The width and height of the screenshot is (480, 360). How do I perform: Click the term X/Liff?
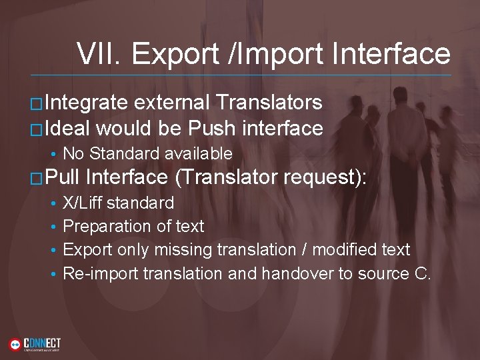point(82,203)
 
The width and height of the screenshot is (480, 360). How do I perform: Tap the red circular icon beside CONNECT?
point(15,344)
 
